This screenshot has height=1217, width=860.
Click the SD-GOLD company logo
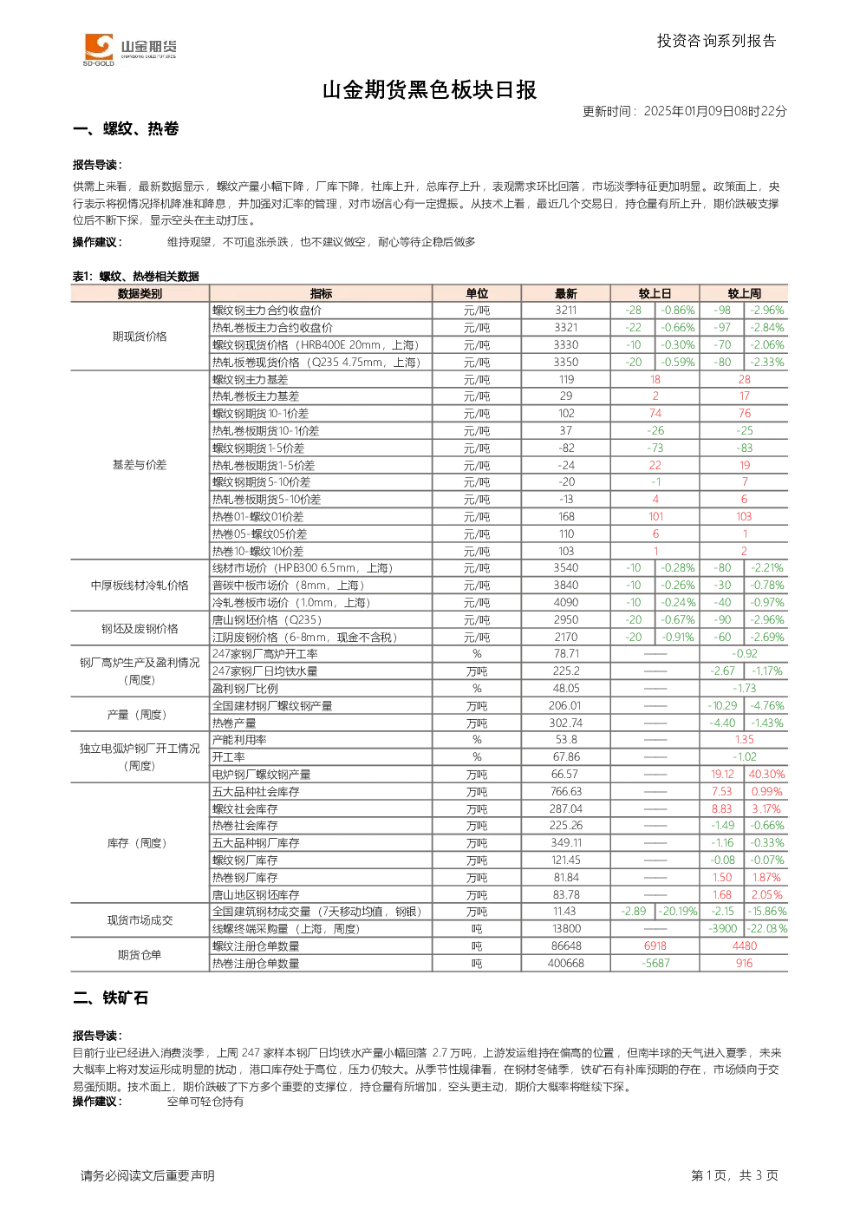click(x=130, y=49)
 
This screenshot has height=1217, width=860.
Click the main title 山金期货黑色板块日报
click(x=429, y=90)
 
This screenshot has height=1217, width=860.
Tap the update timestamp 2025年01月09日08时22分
click(x=715, y=111)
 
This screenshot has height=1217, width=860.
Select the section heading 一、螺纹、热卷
click(x=126, y=128)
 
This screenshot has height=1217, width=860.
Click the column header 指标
click(x=321, y=293)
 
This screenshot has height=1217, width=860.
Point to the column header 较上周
click(x=744, y=293)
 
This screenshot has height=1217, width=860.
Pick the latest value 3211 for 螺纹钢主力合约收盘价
click(x=566, y=311)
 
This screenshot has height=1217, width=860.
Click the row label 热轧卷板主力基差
click(x=256, y=396)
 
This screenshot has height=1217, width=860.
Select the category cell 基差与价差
click(x=140, y=465)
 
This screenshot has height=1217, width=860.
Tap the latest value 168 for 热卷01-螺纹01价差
click(x=566, y=517)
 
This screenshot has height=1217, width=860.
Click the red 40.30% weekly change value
click(x=766, y=775)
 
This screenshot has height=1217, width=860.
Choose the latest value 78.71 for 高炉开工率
click(x=566, y=653)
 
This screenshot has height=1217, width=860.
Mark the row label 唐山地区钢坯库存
click(x=256, y=895)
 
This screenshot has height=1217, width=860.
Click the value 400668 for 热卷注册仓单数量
click(x=566, y=963)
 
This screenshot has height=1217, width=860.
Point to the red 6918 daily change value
click(x=655, y=945)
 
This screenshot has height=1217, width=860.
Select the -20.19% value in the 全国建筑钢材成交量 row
click(x=678, y=911)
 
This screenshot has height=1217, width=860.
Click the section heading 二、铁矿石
click(x=111, y=998)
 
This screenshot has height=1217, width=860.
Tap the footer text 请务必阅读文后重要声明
click(x=147, y=1175)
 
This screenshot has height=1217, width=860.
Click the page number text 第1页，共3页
click(x=734, y=1175)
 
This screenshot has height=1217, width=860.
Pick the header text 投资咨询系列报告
click(x=717, y=41)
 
